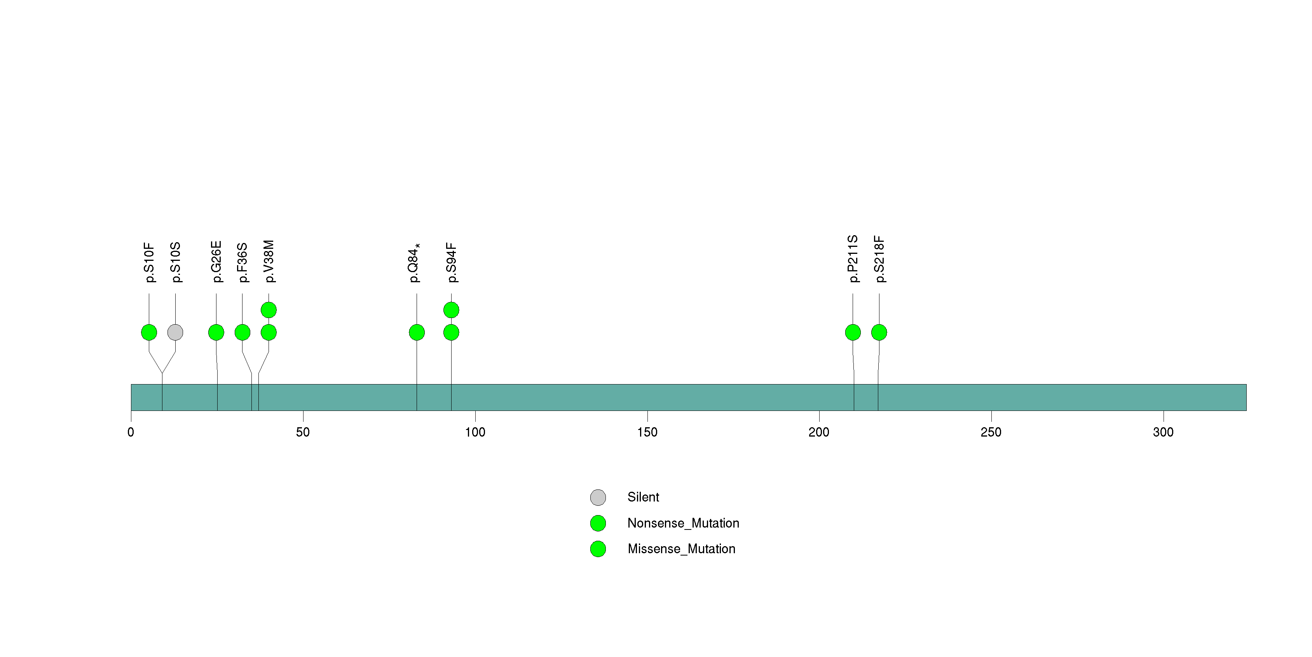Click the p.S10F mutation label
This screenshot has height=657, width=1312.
pos(149,262)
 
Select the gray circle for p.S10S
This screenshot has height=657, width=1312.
pos(175,332)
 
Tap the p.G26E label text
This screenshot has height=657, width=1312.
pos(216,262)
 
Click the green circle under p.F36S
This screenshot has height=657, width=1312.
pos(243,332)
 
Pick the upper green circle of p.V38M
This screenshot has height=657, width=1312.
pos(269,310)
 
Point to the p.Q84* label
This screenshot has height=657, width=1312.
pos(413,263)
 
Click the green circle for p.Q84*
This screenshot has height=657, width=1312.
pos(417,332)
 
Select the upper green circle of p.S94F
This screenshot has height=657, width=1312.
pos(451,310)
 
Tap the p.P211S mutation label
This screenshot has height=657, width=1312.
pos(853,259)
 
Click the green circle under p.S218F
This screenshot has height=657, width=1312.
pos(879,332)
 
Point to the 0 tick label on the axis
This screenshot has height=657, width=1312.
pos(131,432)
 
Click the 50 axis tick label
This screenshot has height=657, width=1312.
pos(303,432)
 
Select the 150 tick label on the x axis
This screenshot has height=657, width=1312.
pos(647,432)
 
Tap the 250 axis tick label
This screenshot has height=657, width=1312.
pos(991,432)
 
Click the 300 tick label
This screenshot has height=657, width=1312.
pos(1163,432)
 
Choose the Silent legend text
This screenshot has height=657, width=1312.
pos(643,497)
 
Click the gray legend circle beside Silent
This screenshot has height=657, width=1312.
pos(598,498)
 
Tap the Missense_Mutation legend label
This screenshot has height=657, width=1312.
pos(682,549)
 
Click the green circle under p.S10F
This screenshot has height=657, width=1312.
pos(149,332)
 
